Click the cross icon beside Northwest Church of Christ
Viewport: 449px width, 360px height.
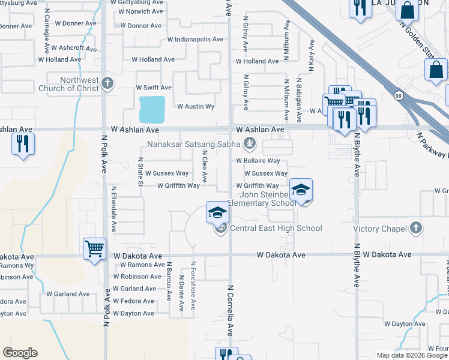pyautogui.click(x=107, y=83)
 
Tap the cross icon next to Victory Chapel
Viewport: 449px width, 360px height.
pyautogui.click(x=415, y=228)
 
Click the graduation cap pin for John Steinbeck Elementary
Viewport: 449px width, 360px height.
pyautogui.click(x=301, y=191)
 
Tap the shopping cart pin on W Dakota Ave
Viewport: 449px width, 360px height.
pyautogui.click(x=95, y=248)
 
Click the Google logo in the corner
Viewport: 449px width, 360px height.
pyautogui.click(x=20, y=353)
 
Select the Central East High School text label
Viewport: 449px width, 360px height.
pyautogui.click(x=276, y=228)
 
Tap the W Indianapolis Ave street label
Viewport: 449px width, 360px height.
pyautogui.click(x=195, y=39)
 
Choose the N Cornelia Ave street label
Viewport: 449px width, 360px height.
pyautogui.click(x=229, y=310)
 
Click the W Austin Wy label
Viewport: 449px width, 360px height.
pyautogui.click(x=196, y=106)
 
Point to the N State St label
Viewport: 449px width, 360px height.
pyautogui.click(x=140, y=172)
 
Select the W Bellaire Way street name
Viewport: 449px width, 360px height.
pyautogui.click(x=258, y=161)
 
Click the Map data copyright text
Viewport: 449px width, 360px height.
pyautogui.click(x=412, y=355)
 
